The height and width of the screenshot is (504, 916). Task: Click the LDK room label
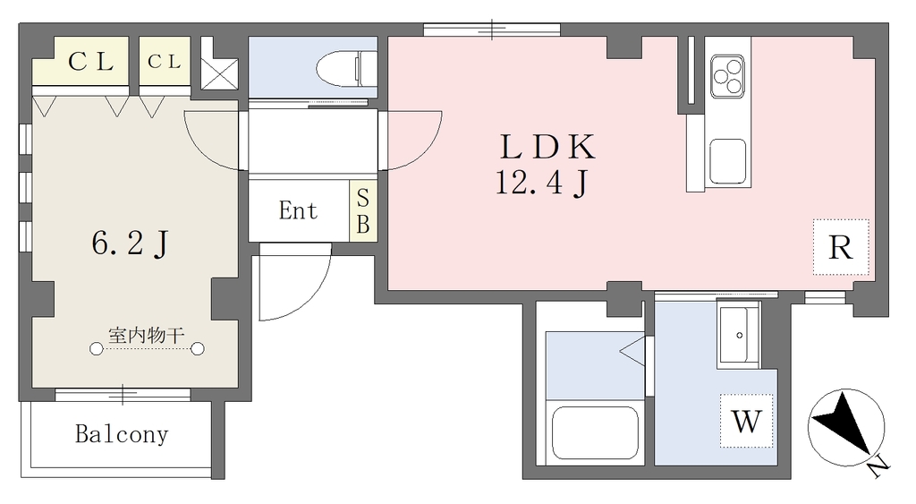point(547,147)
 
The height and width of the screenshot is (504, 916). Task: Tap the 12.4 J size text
point(541,182)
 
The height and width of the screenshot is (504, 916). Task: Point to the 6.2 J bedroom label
point(131,243)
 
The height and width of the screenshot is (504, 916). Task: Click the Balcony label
point(122,434)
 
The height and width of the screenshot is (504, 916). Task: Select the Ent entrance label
point(298,210)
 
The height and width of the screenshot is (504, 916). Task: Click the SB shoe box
point(363,211)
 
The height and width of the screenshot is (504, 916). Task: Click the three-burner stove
point(727,77)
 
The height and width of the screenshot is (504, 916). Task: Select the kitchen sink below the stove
point(727,162)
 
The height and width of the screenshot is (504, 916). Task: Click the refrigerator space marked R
point(841,247)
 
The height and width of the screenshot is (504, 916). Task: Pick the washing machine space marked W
point(747,421)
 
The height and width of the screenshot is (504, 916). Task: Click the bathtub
point(595,432)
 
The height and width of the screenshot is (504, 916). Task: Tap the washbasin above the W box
point(739,335)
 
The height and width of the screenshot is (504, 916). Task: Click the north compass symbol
point(846,427)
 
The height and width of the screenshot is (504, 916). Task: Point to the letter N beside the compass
point(878,466)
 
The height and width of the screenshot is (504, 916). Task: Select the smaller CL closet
point(165,61)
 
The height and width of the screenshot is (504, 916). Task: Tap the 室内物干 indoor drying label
point(147,335)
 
